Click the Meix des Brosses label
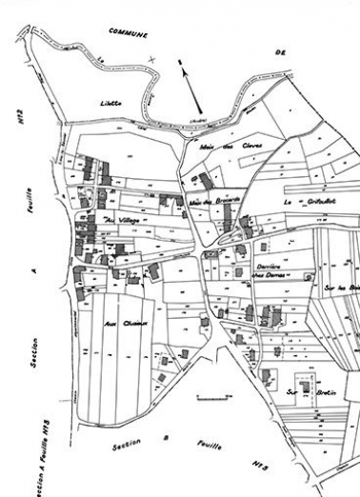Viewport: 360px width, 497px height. point(212,202)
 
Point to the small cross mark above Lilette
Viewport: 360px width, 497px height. point(151,60)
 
